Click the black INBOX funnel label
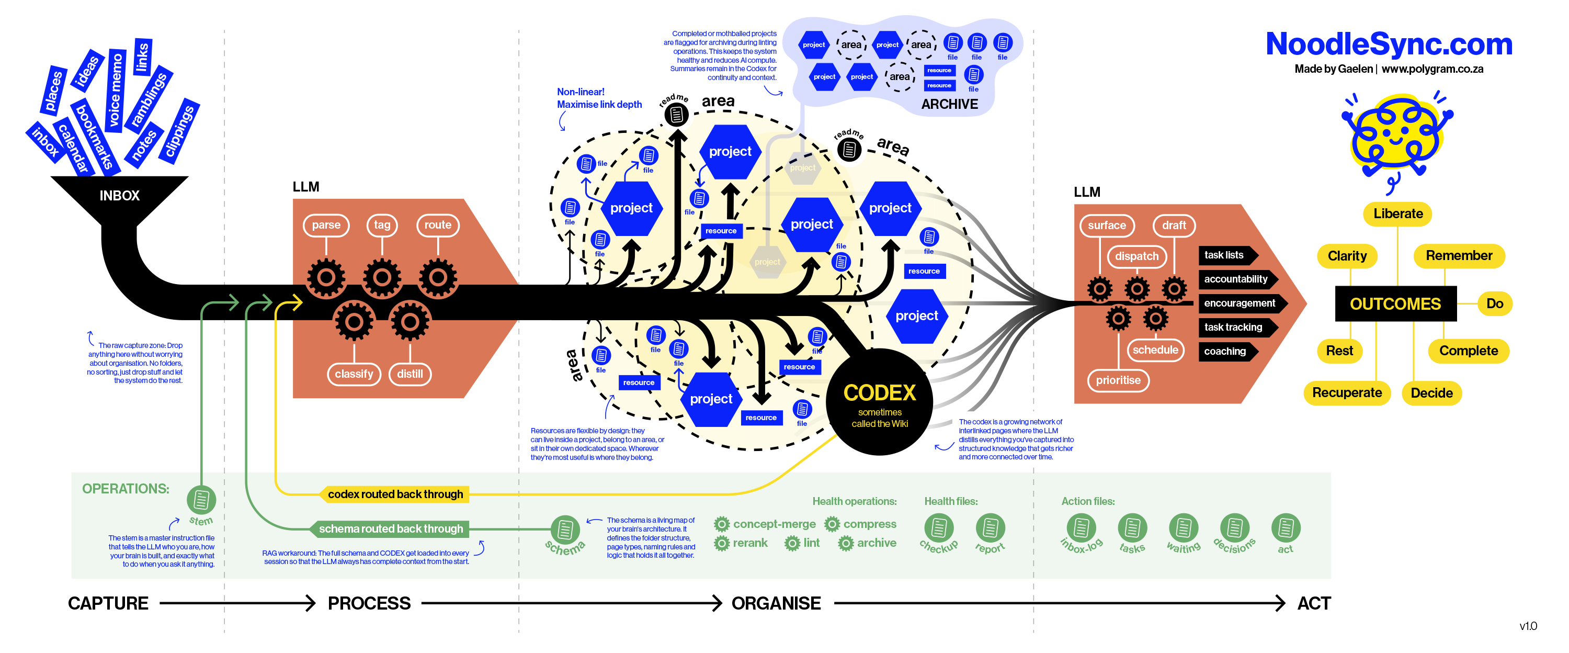click(x=119, y=196)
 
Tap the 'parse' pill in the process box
click(x=326, y=225)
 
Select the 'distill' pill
click(x=410, y=374)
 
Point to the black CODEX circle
click(x=879, y=402)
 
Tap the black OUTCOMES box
click(x=1395, y=303)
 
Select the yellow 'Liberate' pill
click(x=1397, y=214)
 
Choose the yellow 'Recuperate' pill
click(x=1346, y=393)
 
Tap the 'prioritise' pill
click(x=1118, y=380)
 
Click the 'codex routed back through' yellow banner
click(x=395, y=494)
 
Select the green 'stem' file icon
click(x=201, y=500)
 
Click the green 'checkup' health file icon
click(x=939, y=527)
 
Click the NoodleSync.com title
click(x=1388, y=44)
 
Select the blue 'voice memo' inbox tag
click(x=116, y=90)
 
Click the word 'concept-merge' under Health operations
click(x=774, y=524)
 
